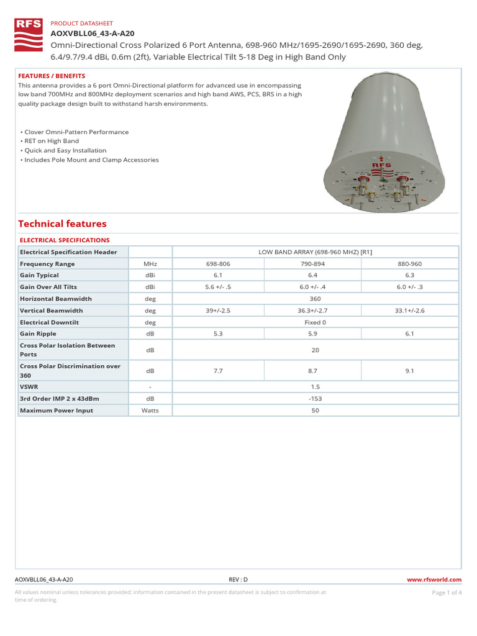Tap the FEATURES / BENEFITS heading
click(52, 75)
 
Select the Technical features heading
click(62, 224)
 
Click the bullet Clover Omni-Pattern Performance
click(75, 132)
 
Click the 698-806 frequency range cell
click(218, 264)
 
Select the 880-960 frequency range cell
click(410, 264)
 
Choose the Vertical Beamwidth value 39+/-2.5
click(218, 311)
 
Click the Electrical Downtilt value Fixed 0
click(315, 322)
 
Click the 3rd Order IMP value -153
click(315, 399)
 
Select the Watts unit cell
click(150, 411)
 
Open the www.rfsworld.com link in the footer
click(433, 579)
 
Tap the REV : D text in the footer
click(238, 579)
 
